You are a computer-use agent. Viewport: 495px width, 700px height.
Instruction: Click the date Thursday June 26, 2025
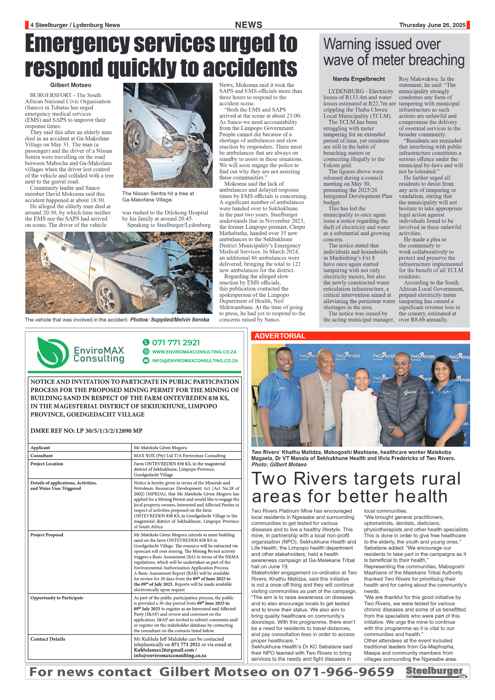pos(432,25)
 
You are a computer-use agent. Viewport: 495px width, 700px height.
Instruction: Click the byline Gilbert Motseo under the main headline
pos(71,85)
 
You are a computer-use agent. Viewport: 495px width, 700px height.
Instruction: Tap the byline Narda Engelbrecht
pos(359,79)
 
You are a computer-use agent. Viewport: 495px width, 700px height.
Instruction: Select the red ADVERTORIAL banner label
pos(280,336)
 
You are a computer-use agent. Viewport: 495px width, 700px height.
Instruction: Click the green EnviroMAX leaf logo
pos(53,352)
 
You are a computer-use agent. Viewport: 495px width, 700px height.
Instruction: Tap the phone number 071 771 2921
pos(176,342)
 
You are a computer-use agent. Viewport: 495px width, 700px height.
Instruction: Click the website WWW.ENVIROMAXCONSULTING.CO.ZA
pos(194,352)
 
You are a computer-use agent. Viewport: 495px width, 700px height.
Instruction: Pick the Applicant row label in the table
pos(40,448)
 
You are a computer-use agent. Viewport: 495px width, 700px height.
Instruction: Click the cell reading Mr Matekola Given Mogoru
pos(160,448)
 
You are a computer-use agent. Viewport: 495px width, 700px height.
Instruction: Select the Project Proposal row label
pos(47,535)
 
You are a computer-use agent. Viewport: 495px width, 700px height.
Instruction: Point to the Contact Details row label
pos(48,639)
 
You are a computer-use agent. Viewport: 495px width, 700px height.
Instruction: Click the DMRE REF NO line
pos(86,431)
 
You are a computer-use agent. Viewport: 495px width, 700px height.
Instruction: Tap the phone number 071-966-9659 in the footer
pos(344,672)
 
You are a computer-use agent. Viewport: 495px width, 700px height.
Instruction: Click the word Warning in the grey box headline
pos(347,44)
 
